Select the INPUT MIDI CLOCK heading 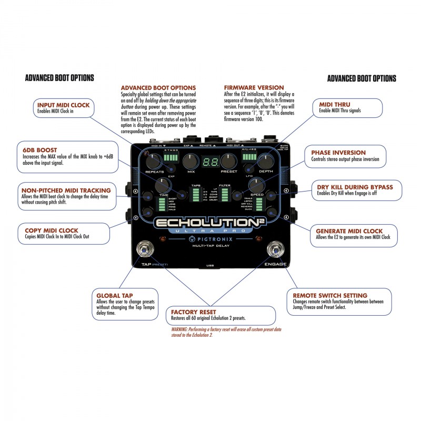coord(63,105)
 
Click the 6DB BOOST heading coord(39,149)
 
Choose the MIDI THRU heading coord(334,105)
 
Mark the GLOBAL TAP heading coord(115,295)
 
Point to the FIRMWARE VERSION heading coord(254,87)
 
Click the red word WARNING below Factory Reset coord(181,329)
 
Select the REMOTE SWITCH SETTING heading coord(330,295)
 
